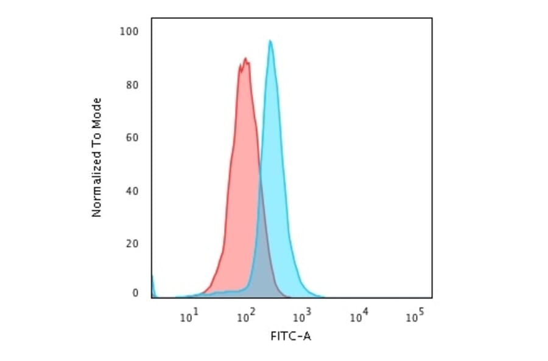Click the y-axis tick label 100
click(131, 31)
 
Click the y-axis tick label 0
click(136, 293)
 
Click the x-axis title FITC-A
click(290, 336)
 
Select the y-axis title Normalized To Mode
click(96, 157)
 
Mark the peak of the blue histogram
click(270, 41)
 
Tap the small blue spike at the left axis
click(152, 286)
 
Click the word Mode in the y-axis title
click(96, 112)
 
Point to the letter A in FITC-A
click(307, 336)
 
